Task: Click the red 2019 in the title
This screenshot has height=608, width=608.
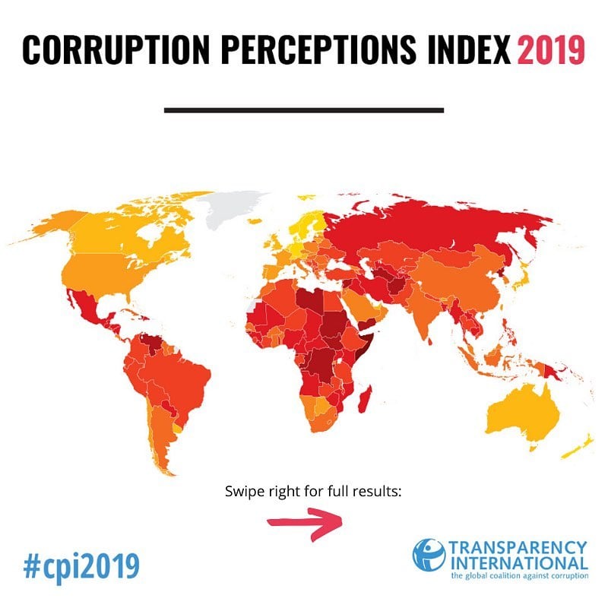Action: [x=551, y=50]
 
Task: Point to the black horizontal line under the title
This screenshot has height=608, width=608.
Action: [x=303, y=110]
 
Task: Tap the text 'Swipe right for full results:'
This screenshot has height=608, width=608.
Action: [x=312, y=491]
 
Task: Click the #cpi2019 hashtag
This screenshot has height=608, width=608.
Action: [x=81, y=566]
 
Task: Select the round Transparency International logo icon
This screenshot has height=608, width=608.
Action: [x=429, y=556]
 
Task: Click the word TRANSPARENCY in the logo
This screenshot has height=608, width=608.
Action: [x=518, y=548]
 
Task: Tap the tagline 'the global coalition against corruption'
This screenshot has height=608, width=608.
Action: [x=518, y=576]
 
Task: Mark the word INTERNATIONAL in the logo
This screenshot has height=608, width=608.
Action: [x=518, y=564]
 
